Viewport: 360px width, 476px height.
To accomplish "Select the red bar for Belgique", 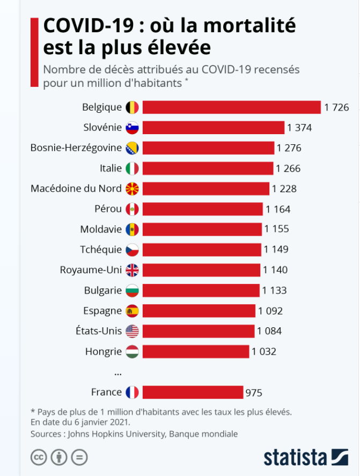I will (x=231, y=107).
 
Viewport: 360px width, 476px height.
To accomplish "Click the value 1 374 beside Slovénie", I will (x=299, y=128).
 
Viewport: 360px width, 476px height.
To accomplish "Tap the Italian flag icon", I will (x=132, y=169).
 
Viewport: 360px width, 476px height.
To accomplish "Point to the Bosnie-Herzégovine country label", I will (x=76, y=148).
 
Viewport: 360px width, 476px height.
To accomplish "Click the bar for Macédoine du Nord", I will (x=205, y=189).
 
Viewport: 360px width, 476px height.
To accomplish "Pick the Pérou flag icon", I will (x=132, y=209).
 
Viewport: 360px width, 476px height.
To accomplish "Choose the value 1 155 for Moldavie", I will (x=276, y=229).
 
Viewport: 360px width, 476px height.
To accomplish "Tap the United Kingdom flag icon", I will (x=132, y=270).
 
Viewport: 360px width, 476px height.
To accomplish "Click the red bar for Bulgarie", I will (x=201, y=290).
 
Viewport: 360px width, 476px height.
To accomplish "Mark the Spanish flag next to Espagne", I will (x=132, y=311).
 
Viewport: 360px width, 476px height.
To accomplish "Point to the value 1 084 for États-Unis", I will (x=269, y=331).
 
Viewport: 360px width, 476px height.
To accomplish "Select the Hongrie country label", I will (x=104, y=352).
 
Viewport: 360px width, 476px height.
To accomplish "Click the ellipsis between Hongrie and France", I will (x=118, y=372).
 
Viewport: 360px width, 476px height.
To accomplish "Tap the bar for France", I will (x=193, y=393).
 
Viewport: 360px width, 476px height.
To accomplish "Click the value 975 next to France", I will (x=254, y=393).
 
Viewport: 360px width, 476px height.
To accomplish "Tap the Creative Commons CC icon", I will (x=38, y=457).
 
